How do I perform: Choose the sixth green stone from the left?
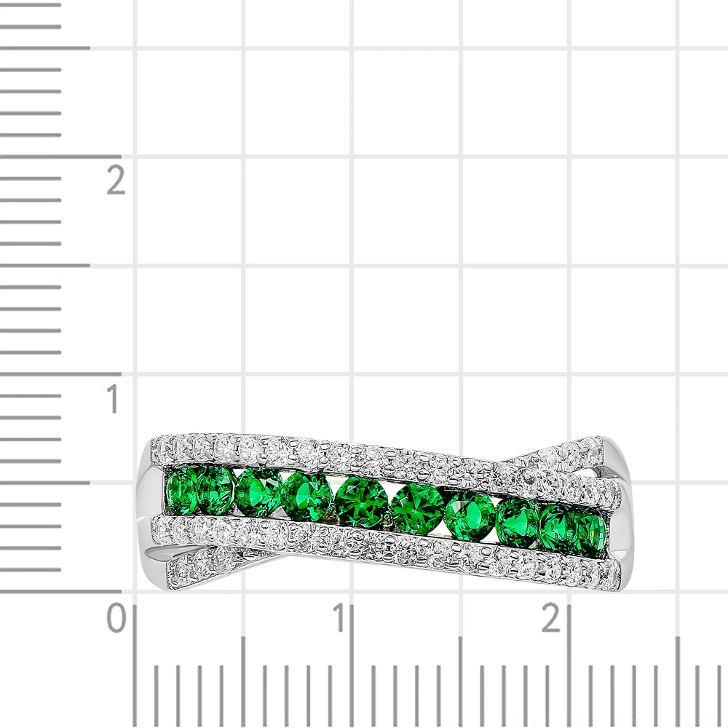point(416,508)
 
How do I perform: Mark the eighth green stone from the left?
point(517,521)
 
